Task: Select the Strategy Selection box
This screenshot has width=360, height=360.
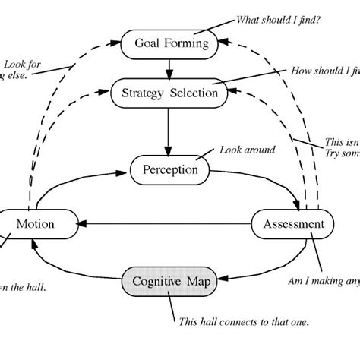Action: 169,93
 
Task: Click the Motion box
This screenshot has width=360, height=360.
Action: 37,224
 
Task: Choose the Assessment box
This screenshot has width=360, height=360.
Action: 292,224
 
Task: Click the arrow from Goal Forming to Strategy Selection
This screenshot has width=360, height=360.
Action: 169,68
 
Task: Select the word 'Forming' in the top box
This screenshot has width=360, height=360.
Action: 185,43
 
